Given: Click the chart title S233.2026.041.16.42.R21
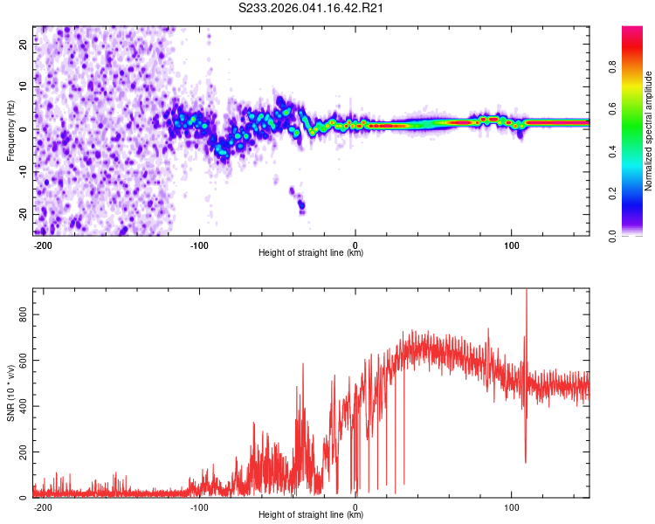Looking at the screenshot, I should tap(312, 8).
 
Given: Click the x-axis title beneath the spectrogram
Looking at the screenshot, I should tap(311, 253).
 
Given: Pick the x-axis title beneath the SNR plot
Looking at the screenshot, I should tap(311, 515).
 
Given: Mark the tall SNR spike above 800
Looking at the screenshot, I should tap(526, 297).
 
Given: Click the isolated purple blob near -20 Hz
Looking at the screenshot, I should tap(301, 206).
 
